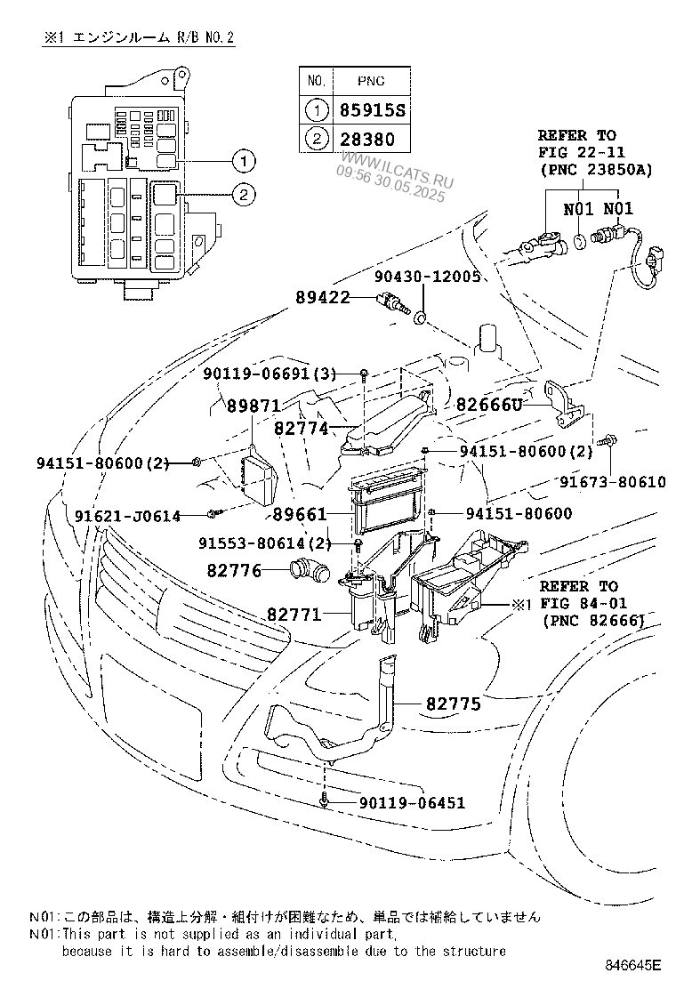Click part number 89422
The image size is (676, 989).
pos(324,298)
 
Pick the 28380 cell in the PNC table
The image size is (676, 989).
pos(364,140)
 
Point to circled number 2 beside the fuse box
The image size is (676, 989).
pos(242,192)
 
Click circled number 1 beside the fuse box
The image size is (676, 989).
pos(242,161)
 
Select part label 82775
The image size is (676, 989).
pos(453,704)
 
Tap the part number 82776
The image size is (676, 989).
pos(235,569)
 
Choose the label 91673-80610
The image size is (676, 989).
pos(612,482)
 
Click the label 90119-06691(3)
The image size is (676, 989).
pos(269,374)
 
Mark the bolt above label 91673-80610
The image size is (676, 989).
pos(608,440)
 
